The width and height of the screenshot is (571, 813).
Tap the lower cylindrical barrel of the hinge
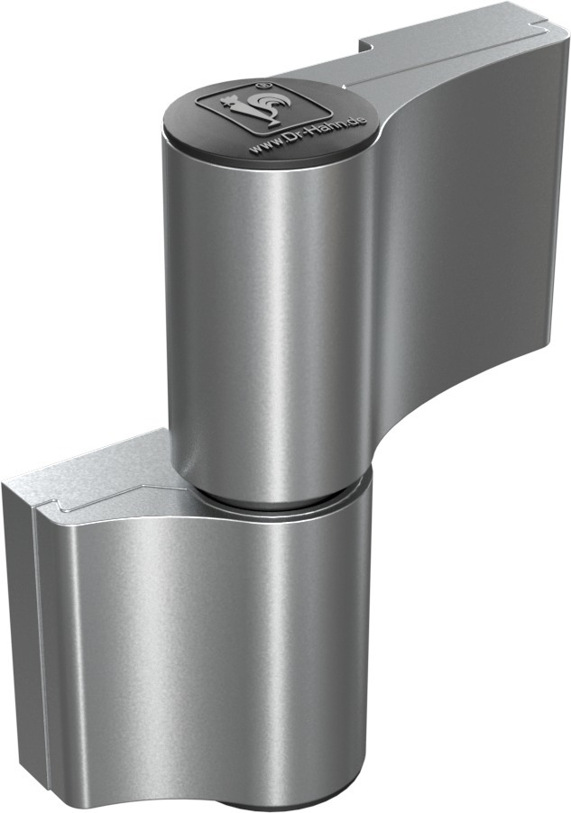click(298, 631)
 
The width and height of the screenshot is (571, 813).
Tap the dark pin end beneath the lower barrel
click(289, 802)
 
